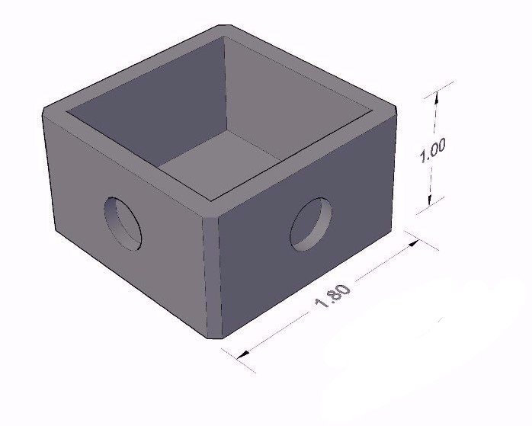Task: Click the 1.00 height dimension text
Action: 432,150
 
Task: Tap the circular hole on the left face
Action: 123,223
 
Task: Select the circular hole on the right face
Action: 311,225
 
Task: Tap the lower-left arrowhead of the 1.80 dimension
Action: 243,354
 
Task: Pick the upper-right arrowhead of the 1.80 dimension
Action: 413,244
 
